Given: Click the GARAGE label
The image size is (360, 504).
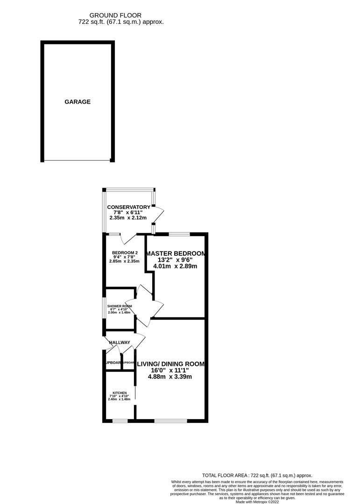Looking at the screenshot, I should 78,102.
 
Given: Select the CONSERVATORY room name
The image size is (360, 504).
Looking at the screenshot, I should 128,207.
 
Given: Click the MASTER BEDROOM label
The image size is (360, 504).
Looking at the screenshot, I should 176,253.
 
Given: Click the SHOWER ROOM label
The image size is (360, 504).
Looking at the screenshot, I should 120,306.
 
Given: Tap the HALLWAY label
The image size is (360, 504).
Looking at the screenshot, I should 120,343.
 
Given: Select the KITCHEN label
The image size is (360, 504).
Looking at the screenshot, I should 119,393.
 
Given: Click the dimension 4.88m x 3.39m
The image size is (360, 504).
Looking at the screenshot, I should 170,377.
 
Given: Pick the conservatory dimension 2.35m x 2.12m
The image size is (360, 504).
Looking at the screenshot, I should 128,218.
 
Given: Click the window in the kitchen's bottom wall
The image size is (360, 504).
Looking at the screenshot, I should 120,421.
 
